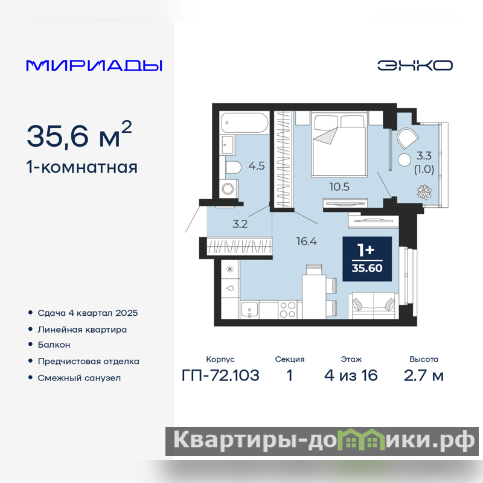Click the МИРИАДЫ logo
click(94, 66)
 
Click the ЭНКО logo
click(415, 65)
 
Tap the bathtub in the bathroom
click(245, 123)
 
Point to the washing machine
click(229, 188)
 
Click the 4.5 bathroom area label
click(257, 166)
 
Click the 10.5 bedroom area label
click(339, 187)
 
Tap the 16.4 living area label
click(307, 241)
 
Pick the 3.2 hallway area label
click(240, 224)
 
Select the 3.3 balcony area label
click(424, 156)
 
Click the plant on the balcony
click(424, 192)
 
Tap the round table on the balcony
click(404, 160)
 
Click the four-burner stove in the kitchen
click(287, 310)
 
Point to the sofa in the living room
click(373, 305)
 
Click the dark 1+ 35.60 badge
click(367, 259)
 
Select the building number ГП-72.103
click(220, 376)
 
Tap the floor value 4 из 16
click(351, 376)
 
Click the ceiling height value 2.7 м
click(424, 376)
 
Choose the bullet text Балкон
click(54, 345)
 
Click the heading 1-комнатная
click(82, 167)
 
